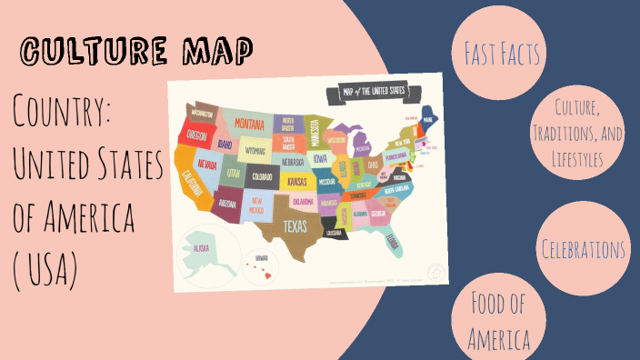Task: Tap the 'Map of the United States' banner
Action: pyautogui.click(x=374, y=92)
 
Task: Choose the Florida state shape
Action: pyautogui.click(x=394, y=240)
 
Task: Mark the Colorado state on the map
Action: pyautogui.click(x=263, y=176)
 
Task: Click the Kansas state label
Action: pyautogui.click(x=297, y=182)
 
